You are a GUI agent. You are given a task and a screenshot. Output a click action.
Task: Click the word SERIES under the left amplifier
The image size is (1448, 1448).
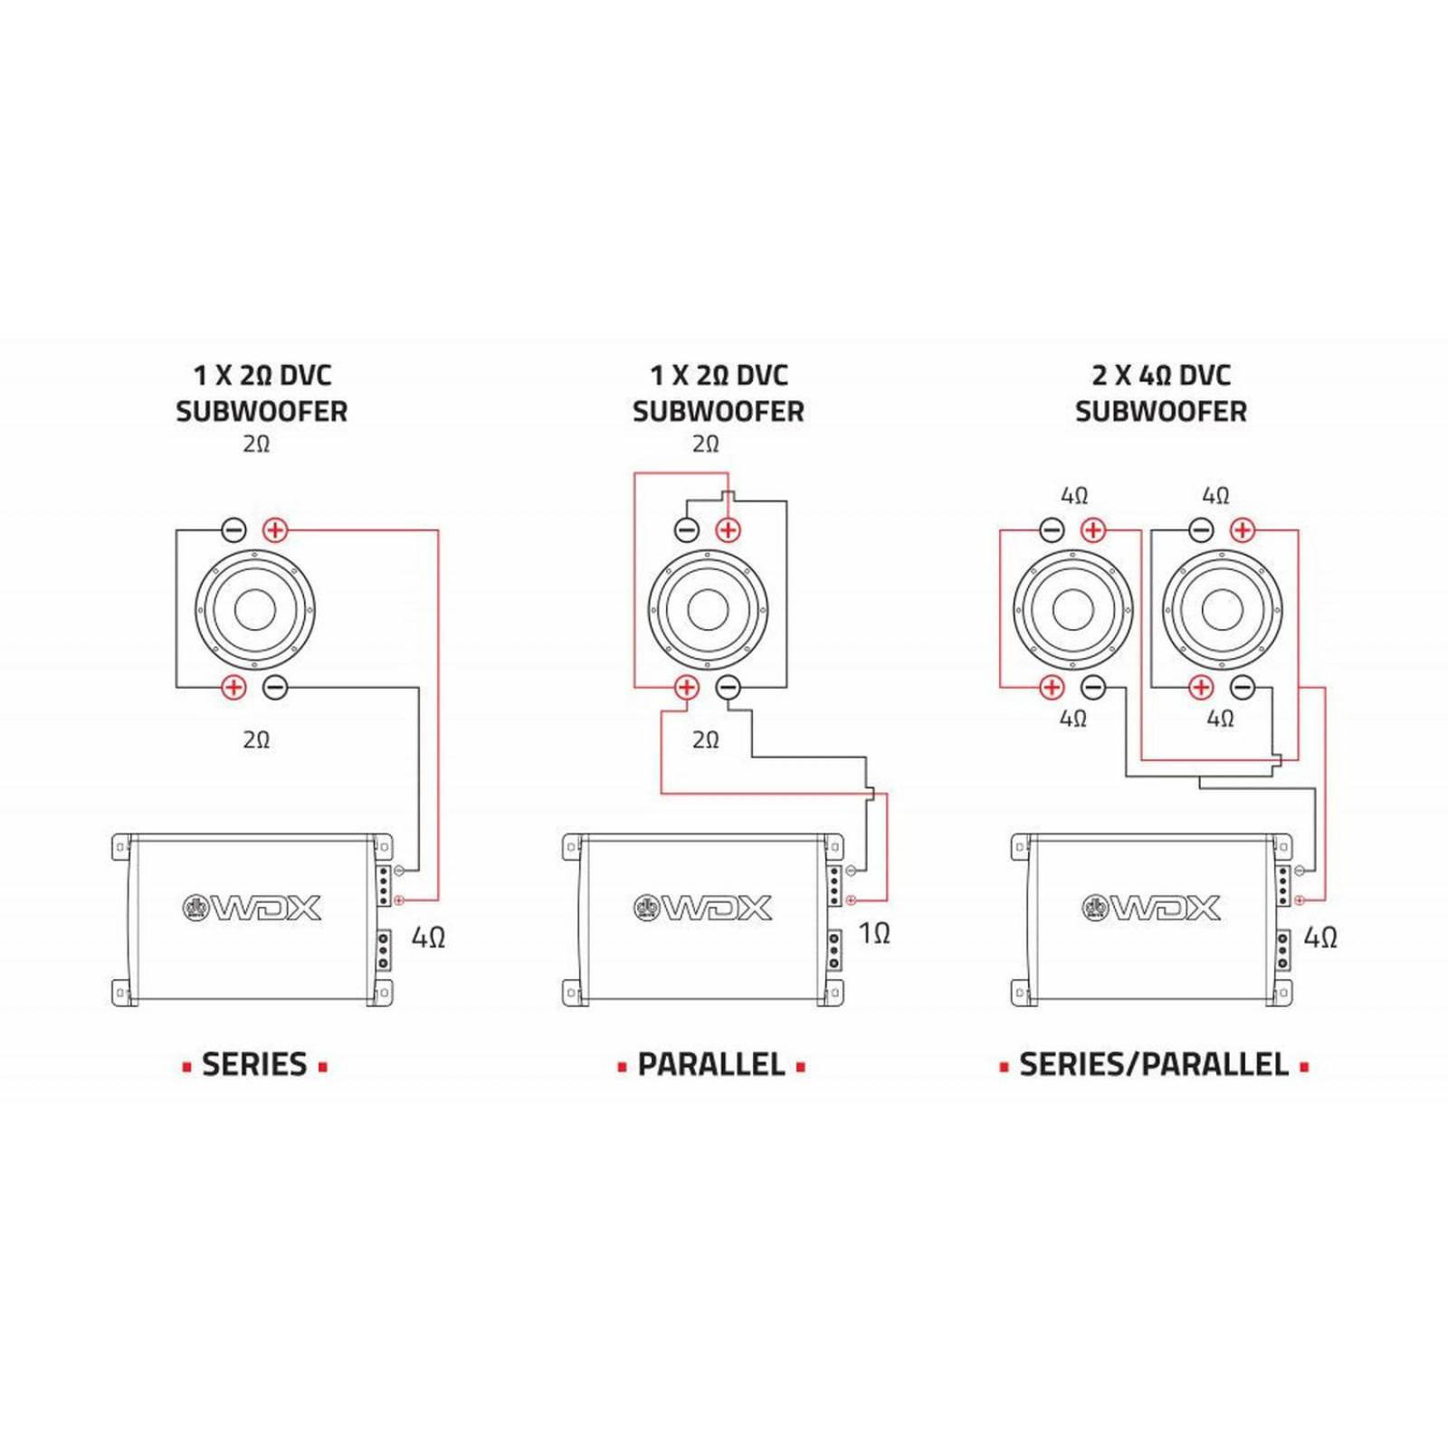254,1064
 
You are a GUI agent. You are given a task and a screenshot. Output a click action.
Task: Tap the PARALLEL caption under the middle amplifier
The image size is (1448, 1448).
711,1064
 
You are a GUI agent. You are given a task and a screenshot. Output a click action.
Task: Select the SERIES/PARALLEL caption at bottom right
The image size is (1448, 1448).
1154,1064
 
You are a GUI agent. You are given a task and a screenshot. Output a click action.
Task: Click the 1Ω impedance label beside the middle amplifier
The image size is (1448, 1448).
874,933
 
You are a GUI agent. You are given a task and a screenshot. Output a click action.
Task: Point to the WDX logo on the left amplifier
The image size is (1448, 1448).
253,908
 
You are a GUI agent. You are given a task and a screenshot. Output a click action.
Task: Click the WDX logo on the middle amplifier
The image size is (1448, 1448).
703,908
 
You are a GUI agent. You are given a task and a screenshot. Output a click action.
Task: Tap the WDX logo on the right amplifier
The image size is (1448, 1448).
1152,908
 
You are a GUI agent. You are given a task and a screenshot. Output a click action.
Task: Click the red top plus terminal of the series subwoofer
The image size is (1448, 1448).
275,530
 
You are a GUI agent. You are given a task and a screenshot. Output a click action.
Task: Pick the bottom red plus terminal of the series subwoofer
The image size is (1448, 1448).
233,688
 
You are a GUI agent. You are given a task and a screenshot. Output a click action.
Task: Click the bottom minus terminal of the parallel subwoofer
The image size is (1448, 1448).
728,688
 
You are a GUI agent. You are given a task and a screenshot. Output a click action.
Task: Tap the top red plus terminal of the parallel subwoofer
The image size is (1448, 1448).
728,530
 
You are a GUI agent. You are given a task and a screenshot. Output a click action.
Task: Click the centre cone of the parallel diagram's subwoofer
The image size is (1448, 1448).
709,610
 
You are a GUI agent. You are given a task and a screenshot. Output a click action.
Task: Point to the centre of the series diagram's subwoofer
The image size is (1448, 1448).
255,610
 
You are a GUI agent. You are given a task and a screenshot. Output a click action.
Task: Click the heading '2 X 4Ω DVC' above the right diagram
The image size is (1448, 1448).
1161,375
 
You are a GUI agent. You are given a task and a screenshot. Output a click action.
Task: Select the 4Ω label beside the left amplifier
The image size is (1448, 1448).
428,938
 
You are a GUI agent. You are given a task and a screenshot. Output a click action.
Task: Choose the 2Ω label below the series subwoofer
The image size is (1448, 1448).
256,740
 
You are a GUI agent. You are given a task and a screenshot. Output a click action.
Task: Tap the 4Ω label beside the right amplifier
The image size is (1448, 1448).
1320,938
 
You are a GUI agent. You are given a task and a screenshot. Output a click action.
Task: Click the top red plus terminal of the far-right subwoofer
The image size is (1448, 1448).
1243,530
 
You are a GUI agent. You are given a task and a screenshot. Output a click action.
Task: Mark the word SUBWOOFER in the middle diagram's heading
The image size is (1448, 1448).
718,412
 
